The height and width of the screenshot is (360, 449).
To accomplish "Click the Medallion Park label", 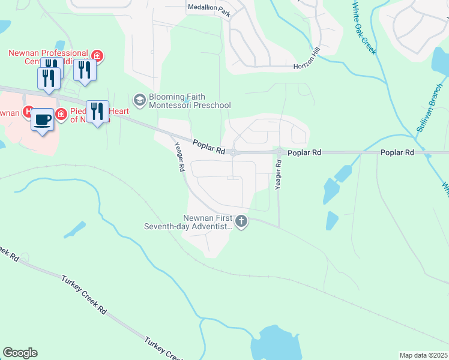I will point(208,7).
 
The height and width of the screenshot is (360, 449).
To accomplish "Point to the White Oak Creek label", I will point(364,28).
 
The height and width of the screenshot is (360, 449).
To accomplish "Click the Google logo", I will point(20,353).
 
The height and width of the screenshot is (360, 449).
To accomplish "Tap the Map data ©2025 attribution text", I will point(423,355).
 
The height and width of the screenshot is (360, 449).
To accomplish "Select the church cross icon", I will point(241,221).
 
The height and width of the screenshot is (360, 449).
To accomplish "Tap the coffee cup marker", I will point(42,119).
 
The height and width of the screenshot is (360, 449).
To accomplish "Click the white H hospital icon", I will point(27,112).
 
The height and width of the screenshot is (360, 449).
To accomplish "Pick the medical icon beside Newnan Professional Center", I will point(97,57).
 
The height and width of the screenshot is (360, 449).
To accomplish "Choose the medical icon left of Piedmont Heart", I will point(61,113).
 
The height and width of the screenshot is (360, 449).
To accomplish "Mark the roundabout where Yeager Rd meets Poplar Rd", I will point(279,152).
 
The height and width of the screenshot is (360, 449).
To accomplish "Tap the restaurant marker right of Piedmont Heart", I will point(97,112).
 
